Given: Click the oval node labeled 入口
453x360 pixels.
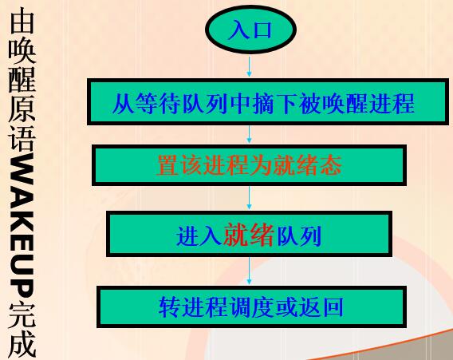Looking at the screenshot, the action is pyautogui.click(x=250, y=30).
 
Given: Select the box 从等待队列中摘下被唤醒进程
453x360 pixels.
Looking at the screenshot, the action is pyautogui.click(x=268, y=102).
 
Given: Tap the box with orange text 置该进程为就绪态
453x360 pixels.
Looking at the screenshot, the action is pyautogui.click(x=249, y=165).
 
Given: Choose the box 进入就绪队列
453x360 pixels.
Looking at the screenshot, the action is pyautogui.click(x=249, y=234).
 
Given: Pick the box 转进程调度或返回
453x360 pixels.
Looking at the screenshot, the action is pyautogui.click(x=251, y=307).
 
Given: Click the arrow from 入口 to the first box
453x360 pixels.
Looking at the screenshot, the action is pyautogui.click(x=250, y=66).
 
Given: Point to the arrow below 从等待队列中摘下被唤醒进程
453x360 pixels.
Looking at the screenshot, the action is pyautogui.click(x=250, y=134).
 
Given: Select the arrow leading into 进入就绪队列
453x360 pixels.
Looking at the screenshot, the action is pyautogui.click(x=250, y=198).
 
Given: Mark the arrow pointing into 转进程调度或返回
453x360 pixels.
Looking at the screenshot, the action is pyautogui.click(x=250, y=271).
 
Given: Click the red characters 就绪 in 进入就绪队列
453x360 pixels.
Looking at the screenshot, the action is pyautogui.click(x=248, y=235).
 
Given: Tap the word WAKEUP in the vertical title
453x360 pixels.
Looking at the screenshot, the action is pyautogui.click(x=22, y=227).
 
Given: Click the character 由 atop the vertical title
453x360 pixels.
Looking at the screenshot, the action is pyautogui.click(x=22, y=21).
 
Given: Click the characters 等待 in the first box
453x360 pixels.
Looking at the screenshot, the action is pyautogui.click(x=159, y=103).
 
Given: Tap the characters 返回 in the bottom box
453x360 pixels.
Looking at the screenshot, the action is pyautogui.click(x=321, y=307).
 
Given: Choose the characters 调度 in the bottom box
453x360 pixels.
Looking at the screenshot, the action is pyautogui.click(x=251, y=307).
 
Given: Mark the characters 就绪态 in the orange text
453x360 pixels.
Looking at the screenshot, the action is pyautogui.click(x=308, y=166).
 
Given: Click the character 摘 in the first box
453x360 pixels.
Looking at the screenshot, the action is pyautogui.click(x=263, y=103).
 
